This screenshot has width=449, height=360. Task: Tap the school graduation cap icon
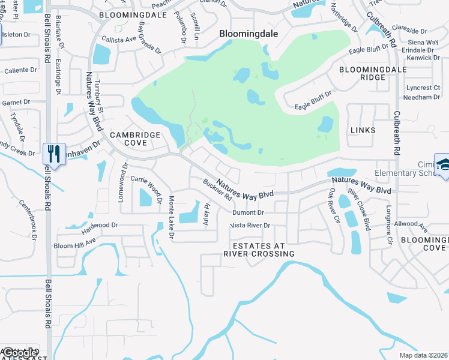tap(444, 166)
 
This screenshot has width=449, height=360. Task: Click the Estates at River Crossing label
tap(259, 249)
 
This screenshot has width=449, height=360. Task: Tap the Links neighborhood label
tap(366, 130)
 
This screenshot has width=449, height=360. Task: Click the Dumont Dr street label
tap(248, 212)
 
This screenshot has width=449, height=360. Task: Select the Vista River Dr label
tap(250, 226)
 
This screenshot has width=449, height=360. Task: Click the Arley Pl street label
tap(207, 214)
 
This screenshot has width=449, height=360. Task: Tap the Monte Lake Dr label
tap(171, 217)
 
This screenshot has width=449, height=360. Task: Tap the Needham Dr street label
tap(423, 97)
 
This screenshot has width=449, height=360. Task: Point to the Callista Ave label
tap(119, 39)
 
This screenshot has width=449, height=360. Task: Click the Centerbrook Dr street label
tap(28, 219)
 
